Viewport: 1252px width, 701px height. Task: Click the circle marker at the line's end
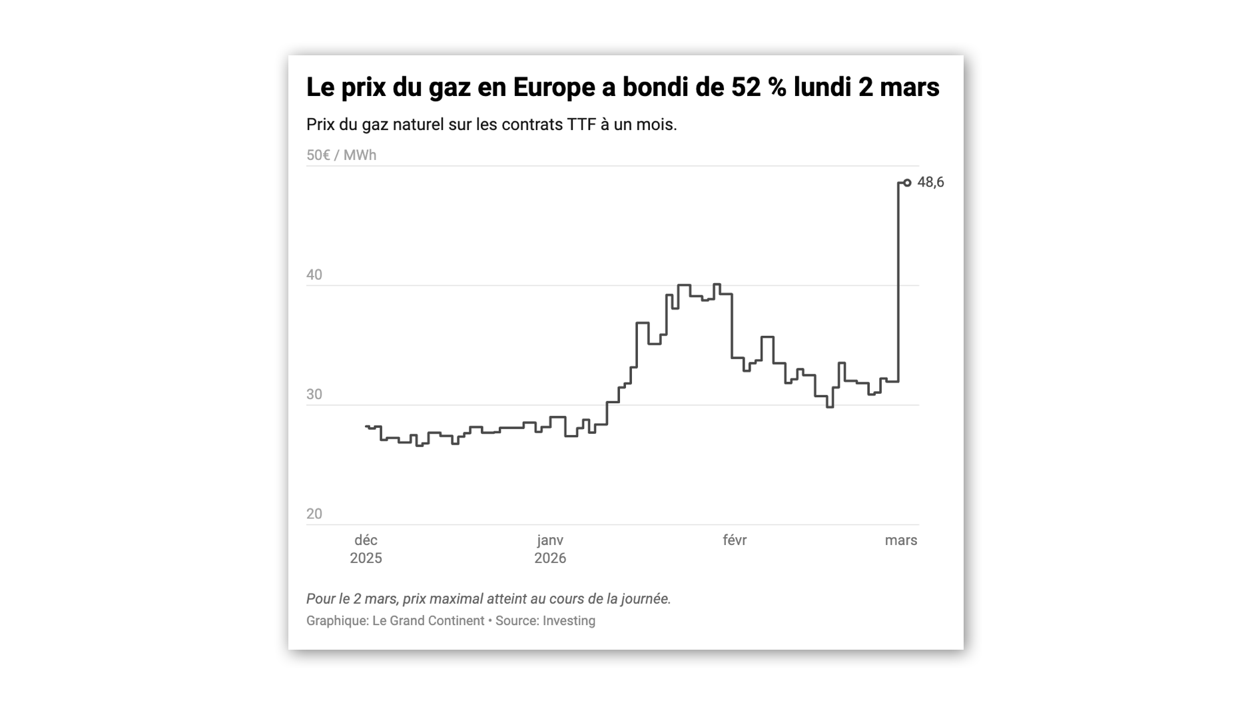pos(907,183)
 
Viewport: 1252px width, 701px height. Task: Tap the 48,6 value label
pos(930,182)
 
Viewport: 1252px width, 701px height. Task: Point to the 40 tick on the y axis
pos(314,275)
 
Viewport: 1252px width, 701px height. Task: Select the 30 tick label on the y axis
pos(314,394)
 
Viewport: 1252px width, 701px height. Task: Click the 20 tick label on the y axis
pos(314,514)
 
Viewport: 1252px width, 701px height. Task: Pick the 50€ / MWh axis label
pos(341,155)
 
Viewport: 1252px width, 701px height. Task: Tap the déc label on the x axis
pos(366,540)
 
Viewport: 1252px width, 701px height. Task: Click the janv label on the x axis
pos(550,540)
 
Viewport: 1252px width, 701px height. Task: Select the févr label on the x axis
pos(735,540)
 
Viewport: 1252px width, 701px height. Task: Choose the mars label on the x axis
pos(901,540)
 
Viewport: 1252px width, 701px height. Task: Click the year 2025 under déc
pos(366,558)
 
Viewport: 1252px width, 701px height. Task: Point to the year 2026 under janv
pos(550,558)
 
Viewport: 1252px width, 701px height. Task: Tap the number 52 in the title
pos(746,87)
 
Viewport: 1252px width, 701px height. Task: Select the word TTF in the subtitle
pos(581,125)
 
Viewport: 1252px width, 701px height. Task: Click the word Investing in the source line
pos(569,620)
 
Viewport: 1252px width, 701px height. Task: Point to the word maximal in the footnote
pos(462,598)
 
